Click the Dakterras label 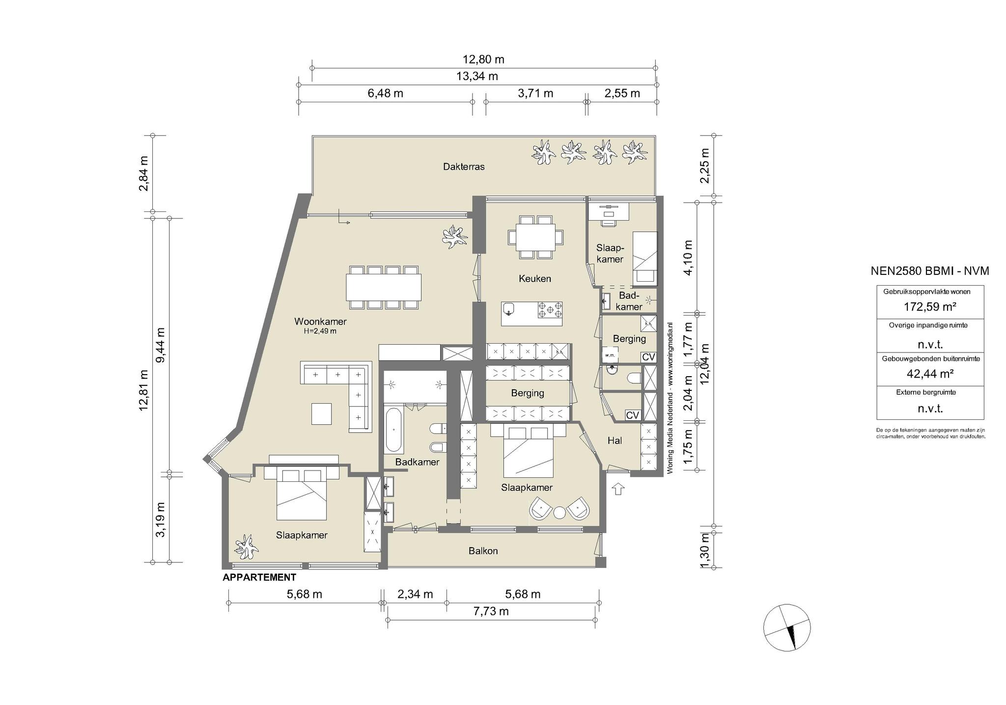click(464, 167)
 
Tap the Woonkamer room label click(320, 322)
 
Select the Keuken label click(535, 279)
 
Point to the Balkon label click(483, 551)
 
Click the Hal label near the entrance click(615, 441)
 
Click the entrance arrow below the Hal click(618, 489)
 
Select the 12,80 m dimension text click(483, 59)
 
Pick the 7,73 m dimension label click(491, 611)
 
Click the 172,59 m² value click(930, 307)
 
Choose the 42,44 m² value click(930, 374)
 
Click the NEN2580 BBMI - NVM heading click(930, 271)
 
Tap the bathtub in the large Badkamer click(394, 429)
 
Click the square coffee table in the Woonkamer click(321, 413)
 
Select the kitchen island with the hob click(532, 314)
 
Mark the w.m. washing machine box click(610, 355)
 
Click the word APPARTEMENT click(259, 577)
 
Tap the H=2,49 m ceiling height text click(320, 331)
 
